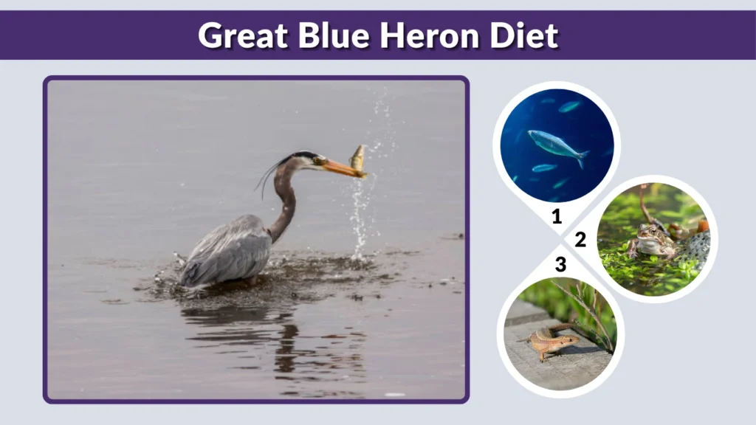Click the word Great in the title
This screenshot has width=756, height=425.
click(x=243, y=35)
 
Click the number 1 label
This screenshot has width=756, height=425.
click(x=556, y=217)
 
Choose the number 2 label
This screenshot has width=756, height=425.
click(x=580, y=240)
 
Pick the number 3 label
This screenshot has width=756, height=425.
click(x=560, y=264)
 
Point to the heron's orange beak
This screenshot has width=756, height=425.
click(x=341, y=169)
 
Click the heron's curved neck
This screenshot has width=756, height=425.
click(x=285, y=199)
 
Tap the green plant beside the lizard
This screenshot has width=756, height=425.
click(x=591, y=314)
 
